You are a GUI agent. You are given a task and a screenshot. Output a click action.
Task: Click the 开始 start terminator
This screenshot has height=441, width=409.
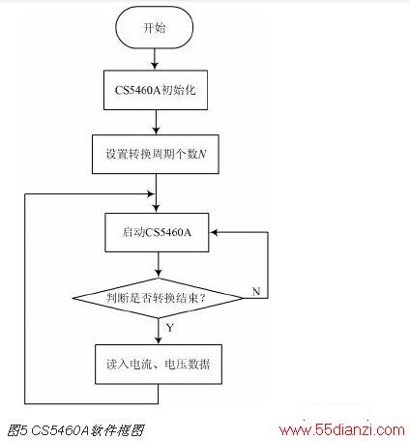click(x=155, y=28)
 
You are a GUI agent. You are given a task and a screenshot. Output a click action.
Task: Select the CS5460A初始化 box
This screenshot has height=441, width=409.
click(x=156, y=90)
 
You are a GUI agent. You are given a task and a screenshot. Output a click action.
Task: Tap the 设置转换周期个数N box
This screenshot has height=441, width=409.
click(x=156, y=154)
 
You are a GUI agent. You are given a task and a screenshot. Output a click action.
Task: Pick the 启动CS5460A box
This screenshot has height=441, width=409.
click(x=157, y=232)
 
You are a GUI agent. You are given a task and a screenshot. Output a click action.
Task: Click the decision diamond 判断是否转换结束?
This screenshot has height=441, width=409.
click(x=158, y=298)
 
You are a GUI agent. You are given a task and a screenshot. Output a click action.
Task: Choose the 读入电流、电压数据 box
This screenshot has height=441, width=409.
click(x=159, y=365)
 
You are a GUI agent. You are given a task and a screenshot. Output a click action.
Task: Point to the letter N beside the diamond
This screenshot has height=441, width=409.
click(x=256, y=291)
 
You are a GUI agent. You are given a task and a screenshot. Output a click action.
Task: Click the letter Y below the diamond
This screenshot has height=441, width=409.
click(x=170, y=328)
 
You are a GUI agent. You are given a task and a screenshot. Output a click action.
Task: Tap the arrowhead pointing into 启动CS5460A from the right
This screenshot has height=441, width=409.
click(x=214, y=232)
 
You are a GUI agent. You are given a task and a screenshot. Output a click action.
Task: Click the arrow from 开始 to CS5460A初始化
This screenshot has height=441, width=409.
click(x=155, y=59)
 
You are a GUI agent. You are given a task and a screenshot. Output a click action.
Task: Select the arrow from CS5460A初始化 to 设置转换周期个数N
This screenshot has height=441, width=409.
click(x=156, y=122)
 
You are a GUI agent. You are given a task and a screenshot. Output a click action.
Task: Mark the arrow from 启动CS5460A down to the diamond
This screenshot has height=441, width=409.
click(x=158, y=265)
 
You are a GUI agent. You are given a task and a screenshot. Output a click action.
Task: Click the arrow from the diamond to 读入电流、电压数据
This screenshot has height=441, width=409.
click(x=159, y=332)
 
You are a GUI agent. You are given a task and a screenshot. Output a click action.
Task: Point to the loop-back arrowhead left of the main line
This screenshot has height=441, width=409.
click(x=151, y=194)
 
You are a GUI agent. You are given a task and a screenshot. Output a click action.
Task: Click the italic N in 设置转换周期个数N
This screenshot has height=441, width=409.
click(x=202, y=154)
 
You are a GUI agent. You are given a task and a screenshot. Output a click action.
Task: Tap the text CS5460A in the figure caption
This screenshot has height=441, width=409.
click(x=60, y=430)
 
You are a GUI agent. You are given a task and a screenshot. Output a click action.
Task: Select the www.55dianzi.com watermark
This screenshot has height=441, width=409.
click(x=341, y=430)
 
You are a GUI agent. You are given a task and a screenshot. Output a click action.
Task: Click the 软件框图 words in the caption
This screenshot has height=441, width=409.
click(x=118, y=430)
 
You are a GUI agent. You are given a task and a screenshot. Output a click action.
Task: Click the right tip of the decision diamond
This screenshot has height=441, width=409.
click(x=244, y=298)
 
